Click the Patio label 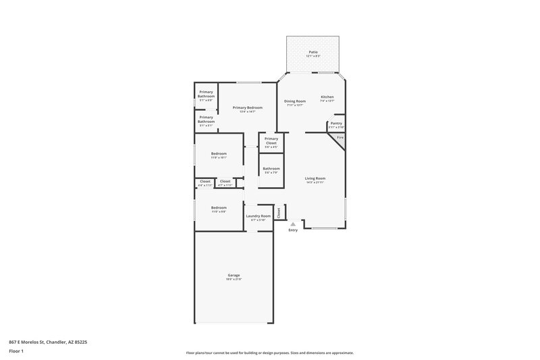pos(313,52)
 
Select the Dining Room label pos(295,101)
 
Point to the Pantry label pos(336,124)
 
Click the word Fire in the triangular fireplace pos(340,137)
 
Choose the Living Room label pos(315,178)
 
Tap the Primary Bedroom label pos(247,108)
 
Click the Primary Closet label pos(271,141)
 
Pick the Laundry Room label pos(259,216)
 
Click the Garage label pos(234,275)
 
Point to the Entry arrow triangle pos(293,224)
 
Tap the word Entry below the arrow pos(293,230)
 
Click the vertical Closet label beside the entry pos(279,211)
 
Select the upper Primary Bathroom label pos(207,94)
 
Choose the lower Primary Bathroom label pos(207,119)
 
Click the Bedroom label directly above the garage pos(218,207)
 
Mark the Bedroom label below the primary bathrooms pos(218,153)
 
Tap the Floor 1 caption pos(17,351)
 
